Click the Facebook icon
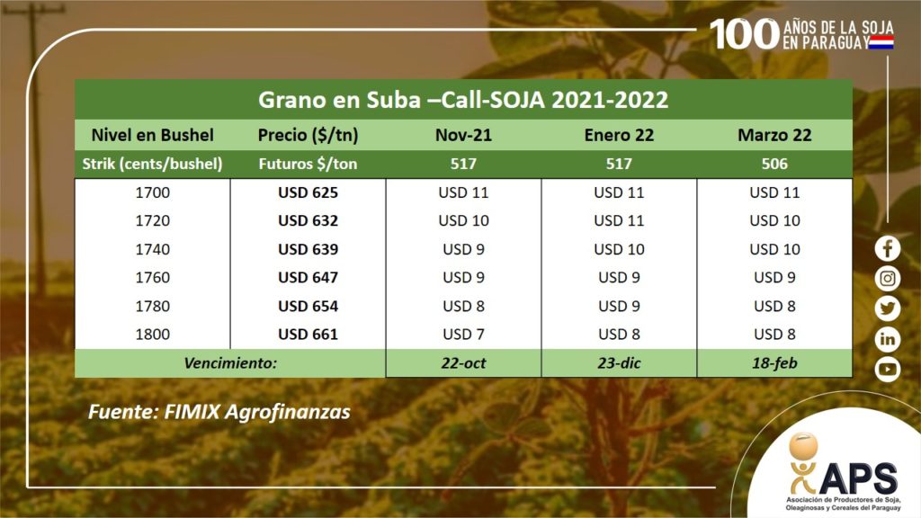(887, 248)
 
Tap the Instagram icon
(887, 279)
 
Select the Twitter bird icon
(887, 308)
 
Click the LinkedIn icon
(887, 339)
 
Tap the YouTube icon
(887, 370)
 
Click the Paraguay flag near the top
(881, 42)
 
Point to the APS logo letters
(858, 478)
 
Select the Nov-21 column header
(463, 135)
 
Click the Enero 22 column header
(619, 135)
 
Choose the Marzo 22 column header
(774, 135)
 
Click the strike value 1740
(153, 249)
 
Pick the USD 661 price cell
(308, 335)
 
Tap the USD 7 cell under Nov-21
(463, 335)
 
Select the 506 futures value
(774, 164)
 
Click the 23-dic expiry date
(619, 363)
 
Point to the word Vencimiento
(230, 363)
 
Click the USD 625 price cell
(308, 192)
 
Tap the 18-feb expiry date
(774, 363)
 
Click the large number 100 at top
(744, 34)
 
